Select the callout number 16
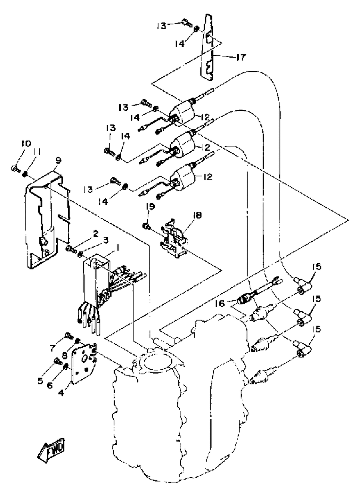click(x=220, y=303)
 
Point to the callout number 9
click(x=58, y=161)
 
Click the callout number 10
click(x=26, y=144)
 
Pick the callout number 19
click(x=150, y=207)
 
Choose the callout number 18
click(x=197, y=215)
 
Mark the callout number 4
click(x=61, y=393)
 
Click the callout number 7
click(x=52, y=348)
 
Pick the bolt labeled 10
click(x=15, y=169)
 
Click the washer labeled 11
click(x=25, y=174)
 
